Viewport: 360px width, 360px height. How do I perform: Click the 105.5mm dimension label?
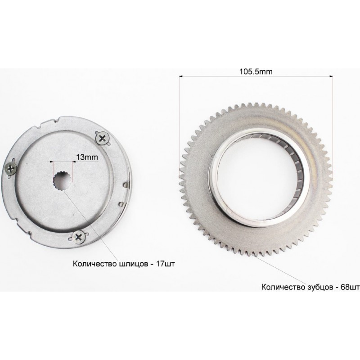256,72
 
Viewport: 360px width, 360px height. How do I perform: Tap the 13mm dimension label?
87,157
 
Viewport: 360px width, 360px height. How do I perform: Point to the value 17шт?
165,264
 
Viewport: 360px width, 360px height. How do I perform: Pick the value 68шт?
350,287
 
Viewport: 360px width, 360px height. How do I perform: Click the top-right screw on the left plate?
103,138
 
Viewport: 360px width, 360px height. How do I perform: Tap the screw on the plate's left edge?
10,170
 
